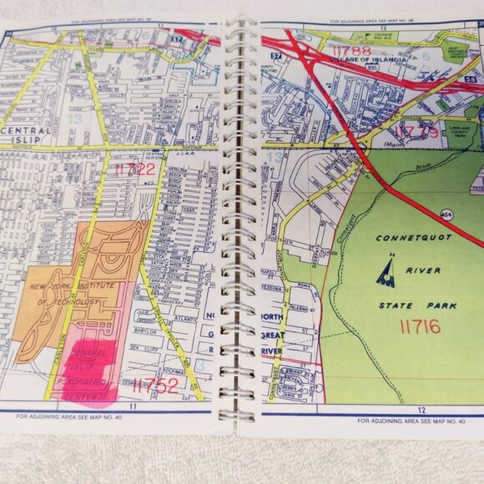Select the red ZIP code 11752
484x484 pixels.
click(x=155, y=385)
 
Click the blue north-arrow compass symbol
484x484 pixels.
click(x=385, y=272)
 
